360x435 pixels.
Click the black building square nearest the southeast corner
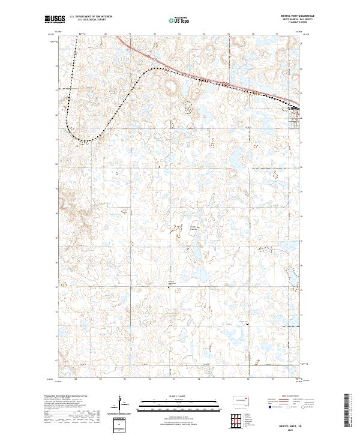tap(248, 325)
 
